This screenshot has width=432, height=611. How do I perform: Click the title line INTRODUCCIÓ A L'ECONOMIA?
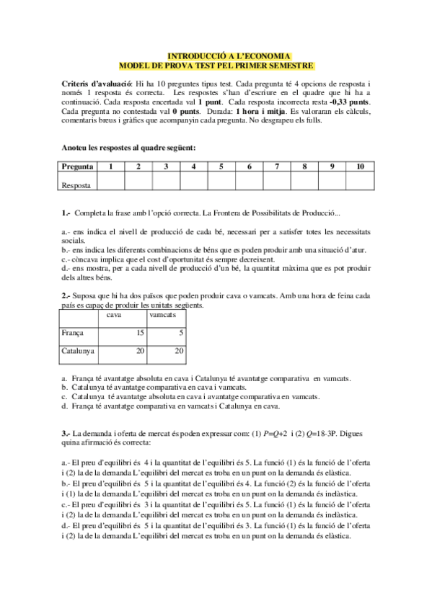(229, 55)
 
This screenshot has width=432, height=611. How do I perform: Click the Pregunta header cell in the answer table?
(77, 166)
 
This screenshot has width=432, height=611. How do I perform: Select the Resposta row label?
(76, 184)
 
